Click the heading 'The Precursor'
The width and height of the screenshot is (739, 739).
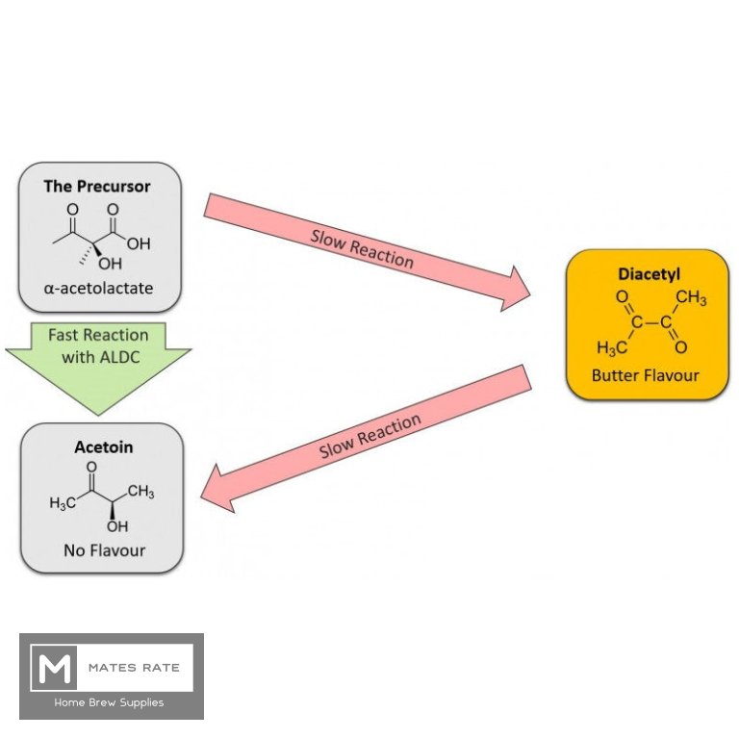pyautogui.click(x=97, y=186)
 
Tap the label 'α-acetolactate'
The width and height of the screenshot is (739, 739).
pyautogui.click(x=97, y=288)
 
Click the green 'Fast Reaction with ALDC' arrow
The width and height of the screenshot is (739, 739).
pyautogui.click(x=98, y=356)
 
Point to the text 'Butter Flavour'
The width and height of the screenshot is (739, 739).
pyautogui.click(x=645, y=375)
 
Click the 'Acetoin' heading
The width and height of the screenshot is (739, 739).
pyautogui.click(x=103, y=446)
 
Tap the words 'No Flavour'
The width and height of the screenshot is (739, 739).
pyautogui.click(x=103, y=550)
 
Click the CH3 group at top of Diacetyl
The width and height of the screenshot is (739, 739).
pyautogui.click(x=691, y=298)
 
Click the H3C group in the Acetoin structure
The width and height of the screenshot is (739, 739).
pyautogui.click(x=63, y=503)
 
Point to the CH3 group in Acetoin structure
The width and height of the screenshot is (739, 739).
pyautogui.click(x=140, y=492)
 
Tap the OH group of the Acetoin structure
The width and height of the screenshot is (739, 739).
pyautogui.click(x=117, y=527)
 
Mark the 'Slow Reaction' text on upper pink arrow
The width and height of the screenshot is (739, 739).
pyautogui.click(x=362, y=248)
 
